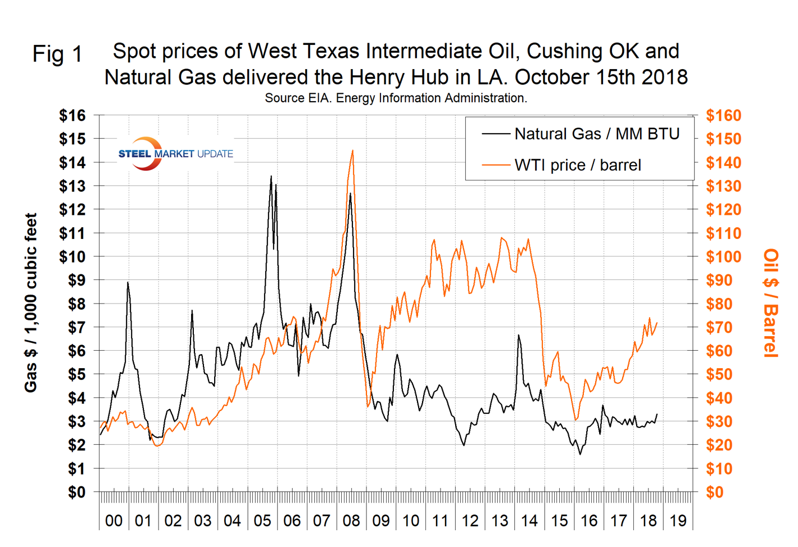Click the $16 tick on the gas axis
click(x=72, y=116)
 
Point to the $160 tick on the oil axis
click(x=724, y=116)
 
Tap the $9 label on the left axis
click(x=76, y=280)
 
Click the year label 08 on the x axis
click(x=351, y=521)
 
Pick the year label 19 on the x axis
click(x=678, y=521)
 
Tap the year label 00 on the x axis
click(x=114, y=521)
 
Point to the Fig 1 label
click(x=57, y=55)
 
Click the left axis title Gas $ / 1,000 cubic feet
click(x=31, y=302)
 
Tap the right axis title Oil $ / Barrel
click(x=771, y=302)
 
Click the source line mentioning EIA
click(x=396, y=98)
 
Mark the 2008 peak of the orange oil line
click(x=352, y=151)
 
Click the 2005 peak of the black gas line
click(x=271, y=177)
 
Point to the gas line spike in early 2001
click(x=128, y=282)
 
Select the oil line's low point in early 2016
click(x=575, y=419)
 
